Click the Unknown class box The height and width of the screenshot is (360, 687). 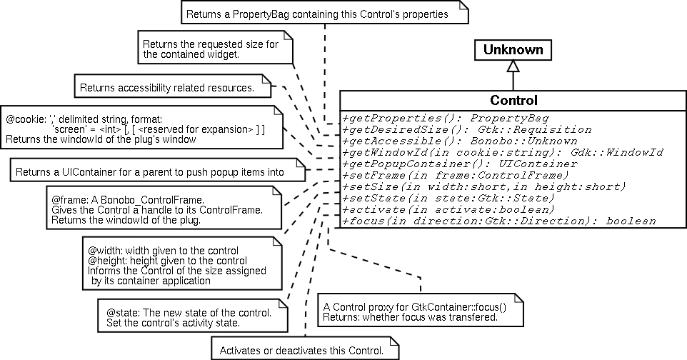pyautogui.click(x=512, y=49)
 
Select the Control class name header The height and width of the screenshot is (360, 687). pyautogui.click(x=513, y=100)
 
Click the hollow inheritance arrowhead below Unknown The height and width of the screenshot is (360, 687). pyautogui.click(x=512, y=66)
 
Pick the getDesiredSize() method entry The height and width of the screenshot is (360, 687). pyautogui.click(x=467, y=130)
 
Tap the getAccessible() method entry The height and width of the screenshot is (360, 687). pyautogui.click(x=460, y=141)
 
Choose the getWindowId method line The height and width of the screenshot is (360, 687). pyautogui.click(x=503, y=152)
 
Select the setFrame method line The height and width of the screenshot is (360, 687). pyautogui.click(x=456, y=175)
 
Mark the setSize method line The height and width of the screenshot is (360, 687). pyautogui.click(x=483, y=186)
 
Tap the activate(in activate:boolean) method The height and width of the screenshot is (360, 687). pyautogui.click(x=448, y=209)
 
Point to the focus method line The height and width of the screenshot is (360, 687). pyautogui.click(x=499, y=221)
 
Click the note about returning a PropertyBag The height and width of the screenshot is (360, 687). pyautogui.click(x=325, y=14)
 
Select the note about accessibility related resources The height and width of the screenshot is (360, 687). pyautogui.click(x=172, y=88)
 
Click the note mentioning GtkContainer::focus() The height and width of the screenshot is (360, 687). pyautogui.click(x=420, y=311)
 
